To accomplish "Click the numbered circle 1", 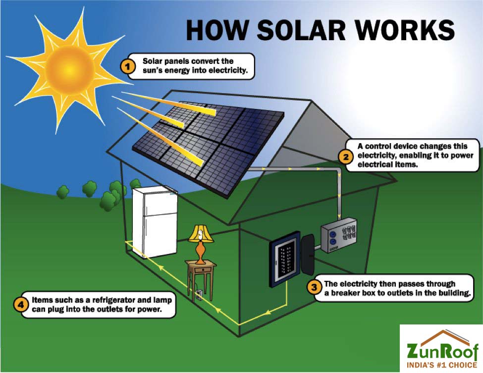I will click(x=128, y=66).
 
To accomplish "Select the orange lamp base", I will click(x=201, y=253).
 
